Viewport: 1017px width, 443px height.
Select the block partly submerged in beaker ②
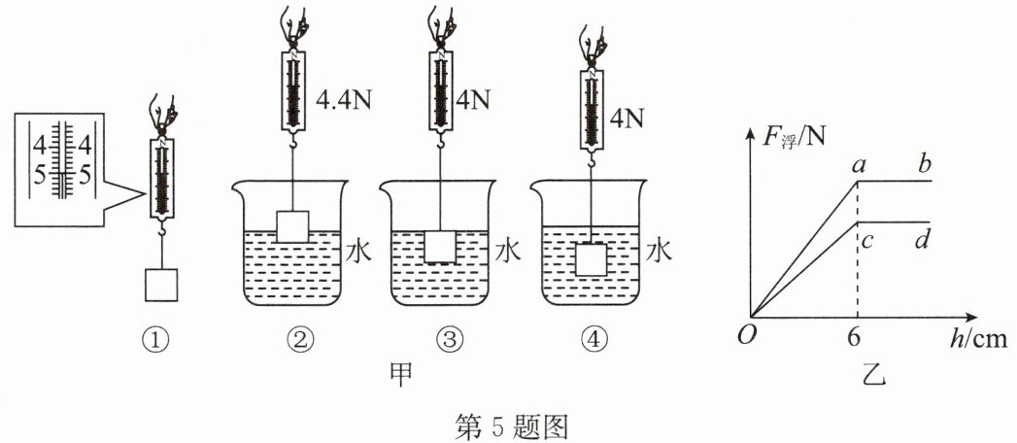[292, 226]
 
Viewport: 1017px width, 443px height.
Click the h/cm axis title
[981, 339]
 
